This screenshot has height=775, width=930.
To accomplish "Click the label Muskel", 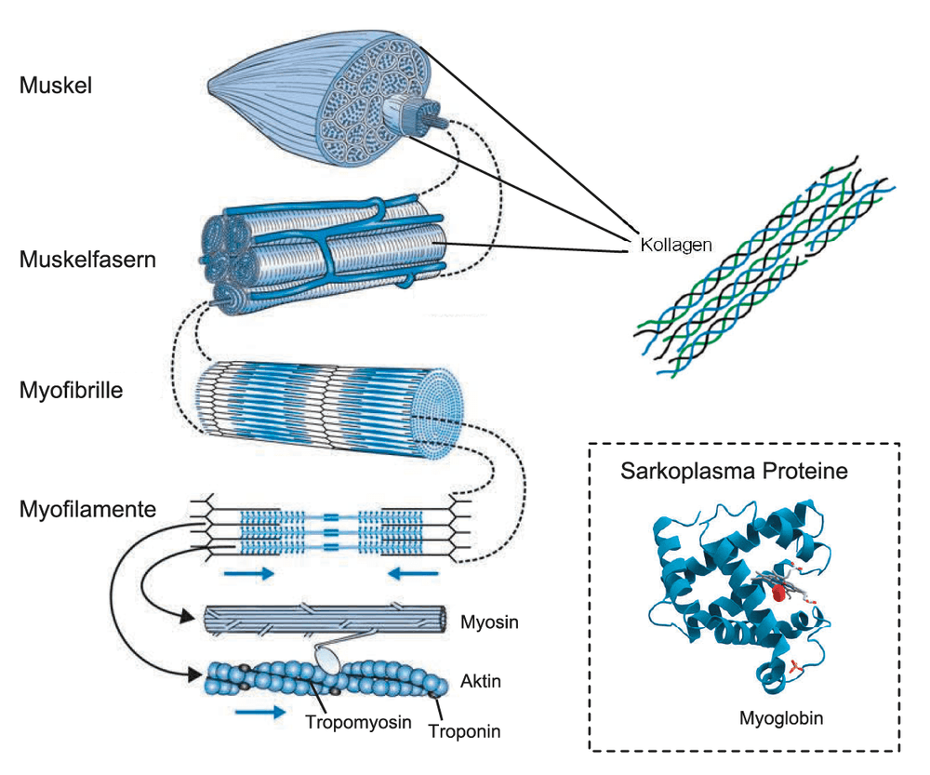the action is coord(56,86).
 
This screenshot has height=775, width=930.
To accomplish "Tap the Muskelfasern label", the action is coord(87,260).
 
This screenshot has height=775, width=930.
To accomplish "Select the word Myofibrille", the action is coord(72,391).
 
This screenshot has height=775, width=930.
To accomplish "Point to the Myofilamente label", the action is coord(87,509).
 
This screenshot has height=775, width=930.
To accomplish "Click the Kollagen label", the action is coord(675,245).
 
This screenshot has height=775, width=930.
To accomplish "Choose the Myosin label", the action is coord(489,621).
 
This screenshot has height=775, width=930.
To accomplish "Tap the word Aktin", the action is coord(481,681).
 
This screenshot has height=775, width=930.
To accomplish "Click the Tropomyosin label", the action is coord(358,722).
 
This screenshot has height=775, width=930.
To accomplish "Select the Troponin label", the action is coord(464,731).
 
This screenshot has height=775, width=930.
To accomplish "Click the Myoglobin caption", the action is coord(781,718).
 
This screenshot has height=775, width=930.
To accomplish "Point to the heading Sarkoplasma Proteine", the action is coord(735,471).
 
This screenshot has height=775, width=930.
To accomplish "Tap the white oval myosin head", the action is coord(326,660).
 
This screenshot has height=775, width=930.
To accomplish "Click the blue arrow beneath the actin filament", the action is coord(260,711).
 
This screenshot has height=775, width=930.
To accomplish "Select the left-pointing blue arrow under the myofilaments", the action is coord(413,573).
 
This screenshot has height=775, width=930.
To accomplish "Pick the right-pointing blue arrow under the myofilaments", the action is coord(249,573).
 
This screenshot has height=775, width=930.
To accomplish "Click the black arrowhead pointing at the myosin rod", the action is coord(188,617).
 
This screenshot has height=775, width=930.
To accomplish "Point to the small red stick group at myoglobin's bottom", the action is coord(795,669).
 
